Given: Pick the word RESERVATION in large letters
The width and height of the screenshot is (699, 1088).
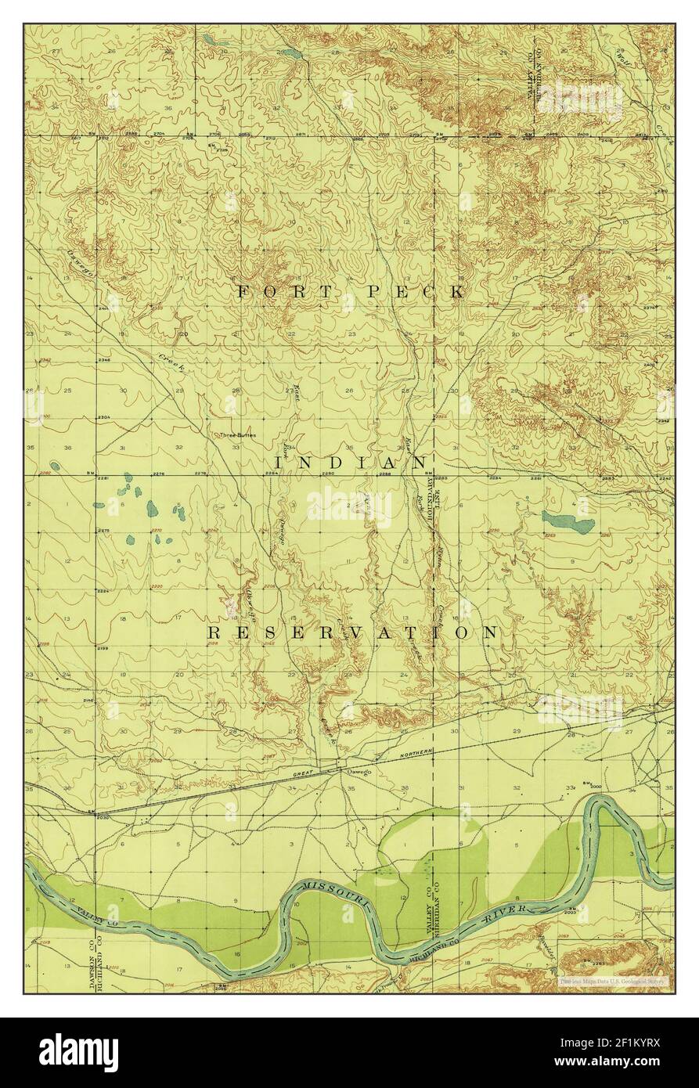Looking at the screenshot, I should click(x=351, y=632).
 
